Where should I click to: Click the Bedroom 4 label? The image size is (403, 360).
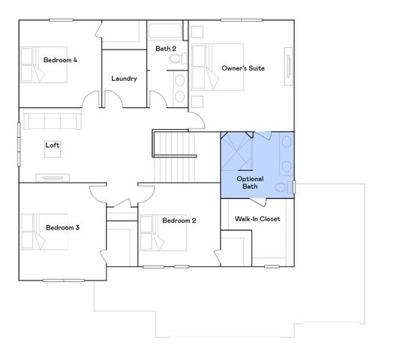click(60, 59)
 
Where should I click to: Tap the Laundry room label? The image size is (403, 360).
click(124, 79)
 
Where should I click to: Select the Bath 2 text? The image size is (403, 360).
click(166, 49)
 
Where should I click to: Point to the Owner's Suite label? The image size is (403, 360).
click(242, 68)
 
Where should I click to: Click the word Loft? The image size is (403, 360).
click(53, 145)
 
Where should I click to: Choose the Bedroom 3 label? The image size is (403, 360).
click(62, 227)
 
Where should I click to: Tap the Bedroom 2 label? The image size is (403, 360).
click(179, 220)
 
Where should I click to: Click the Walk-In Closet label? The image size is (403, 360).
click(257, 220)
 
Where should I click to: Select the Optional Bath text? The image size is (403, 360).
click(250, 182)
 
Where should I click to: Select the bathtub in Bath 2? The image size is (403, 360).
click(166, 32)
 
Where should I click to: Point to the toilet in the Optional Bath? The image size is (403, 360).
click(282, 187)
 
